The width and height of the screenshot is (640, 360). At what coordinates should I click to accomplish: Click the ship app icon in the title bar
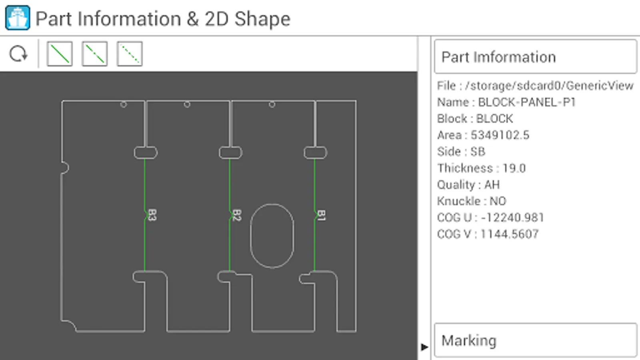point(18,18)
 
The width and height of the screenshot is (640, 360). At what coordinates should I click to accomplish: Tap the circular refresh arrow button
point(18,54)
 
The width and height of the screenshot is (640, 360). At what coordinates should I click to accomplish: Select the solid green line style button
point(60,54)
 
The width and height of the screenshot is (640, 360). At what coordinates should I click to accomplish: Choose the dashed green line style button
point(95,54)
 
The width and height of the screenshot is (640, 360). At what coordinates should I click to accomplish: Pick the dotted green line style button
point(130,54)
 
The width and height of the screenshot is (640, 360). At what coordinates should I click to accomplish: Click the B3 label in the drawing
point(152,215)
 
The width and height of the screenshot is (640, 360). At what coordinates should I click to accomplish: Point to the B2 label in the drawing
point(236,215)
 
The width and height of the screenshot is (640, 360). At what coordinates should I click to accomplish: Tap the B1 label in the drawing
point(321,215)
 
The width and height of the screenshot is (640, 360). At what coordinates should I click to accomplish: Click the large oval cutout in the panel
point(272,236)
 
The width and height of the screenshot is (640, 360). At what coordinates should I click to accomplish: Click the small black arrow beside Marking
point(424,347)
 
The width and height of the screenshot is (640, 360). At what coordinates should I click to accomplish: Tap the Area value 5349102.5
point(500,135)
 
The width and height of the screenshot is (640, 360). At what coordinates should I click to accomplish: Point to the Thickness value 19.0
point(514,168)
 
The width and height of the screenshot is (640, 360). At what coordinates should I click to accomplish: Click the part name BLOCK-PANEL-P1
point(527,102)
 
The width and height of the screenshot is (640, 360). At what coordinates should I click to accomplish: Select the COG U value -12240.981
point(512,218)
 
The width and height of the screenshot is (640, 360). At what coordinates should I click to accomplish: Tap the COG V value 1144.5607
point(510,234)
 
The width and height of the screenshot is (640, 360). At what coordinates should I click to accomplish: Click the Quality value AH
point(492,185)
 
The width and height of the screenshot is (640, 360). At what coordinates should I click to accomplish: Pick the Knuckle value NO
point(498,201)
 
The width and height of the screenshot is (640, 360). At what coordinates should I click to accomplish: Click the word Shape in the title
point(262,19)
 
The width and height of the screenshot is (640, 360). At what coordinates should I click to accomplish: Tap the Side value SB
point(478,152)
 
